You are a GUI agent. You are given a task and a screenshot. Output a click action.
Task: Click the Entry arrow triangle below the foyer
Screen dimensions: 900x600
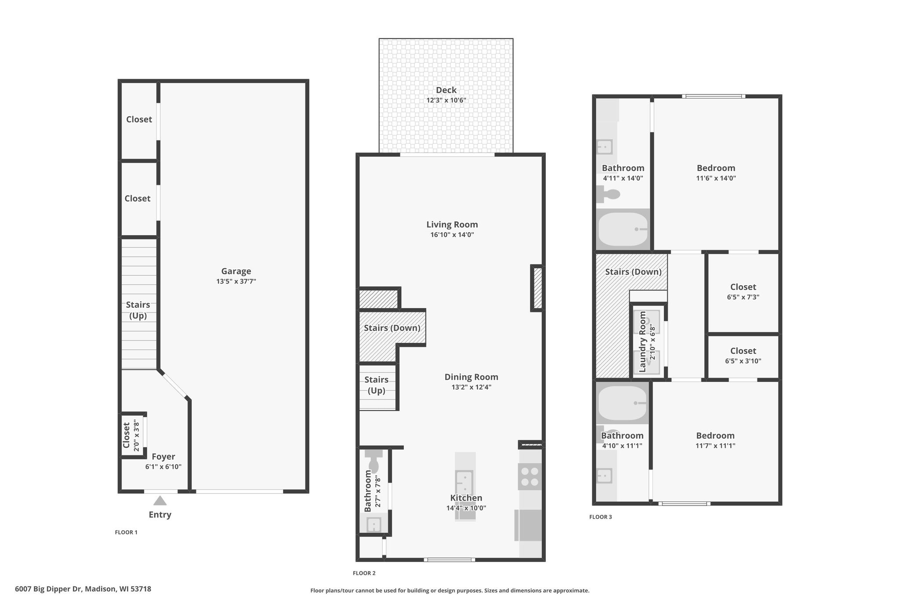coord(160,500)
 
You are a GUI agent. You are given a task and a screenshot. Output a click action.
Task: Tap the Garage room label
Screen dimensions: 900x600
coord(236,271)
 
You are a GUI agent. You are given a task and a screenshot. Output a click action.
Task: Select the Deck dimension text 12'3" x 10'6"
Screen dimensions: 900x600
coord(446,100)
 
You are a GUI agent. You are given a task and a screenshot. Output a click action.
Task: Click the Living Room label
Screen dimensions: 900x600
coord(452,225)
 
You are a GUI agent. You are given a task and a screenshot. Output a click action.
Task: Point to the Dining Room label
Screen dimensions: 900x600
coord(471,377)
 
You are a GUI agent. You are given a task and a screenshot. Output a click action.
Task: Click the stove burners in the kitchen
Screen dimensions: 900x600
coord(530,476)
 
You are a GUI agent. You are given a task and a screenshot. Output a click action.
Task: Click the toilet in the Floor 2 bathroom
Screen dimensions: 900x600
coord(374,460)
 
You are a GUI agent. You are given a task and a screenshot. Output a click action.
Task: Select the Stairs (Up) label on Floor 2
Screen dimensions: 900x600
coord(377,385)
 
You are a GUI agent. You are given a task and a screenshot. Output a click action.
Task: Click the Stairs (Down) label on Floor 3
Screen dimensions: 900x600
coord(633,272)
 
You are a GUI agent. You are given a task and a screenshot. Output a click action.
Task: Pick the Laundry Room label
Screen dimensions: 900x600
coord(642,342)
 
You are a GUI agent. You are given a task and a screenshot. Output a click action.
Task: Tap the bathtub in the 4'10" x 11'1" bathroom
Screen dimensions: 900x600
coord(623,403)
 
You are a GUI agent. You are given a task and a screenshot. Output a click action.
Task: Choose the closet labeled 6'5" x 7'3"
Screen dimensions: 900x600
coord(743,292)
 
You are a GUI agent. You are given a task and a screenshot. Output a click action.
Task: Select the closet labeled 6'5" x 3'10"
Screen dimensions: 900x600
coord(743,356)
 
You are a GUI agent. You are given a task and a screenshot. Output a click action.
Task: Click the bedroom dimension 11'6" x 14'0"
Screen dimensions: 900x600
coord(716,178)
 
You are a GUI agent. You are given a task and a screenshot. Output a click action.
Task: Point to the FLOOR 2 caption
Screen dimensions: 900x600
coord(364,573)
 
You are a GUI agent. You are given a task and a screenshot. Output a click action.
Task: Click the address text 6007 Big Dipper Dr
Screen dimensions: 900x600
coord(48,589)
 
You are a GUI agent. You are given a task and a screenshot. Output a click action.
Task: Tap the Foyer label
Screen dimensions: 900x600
coord(163,457)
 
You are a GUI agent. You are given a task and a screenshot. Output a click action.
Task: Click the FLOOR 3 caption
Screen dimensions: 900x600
coord(601,517)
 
